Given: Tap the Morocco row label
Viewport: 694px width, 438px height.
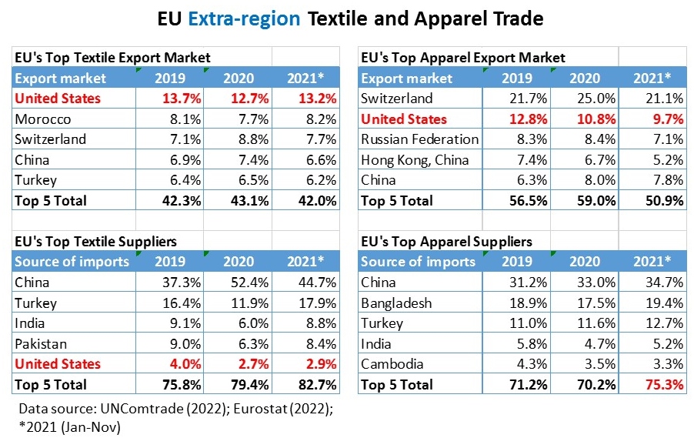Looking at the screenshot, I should pos(43,119).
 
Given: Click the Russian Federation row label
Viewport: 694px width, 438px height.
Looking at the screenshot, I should pos(419,139).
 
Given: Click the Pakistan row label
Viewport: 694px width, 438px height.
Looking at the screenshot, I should pos(41,343).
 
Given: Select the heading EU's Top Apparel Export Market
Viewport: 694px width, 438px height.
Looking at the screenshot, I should pos(462,58).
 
